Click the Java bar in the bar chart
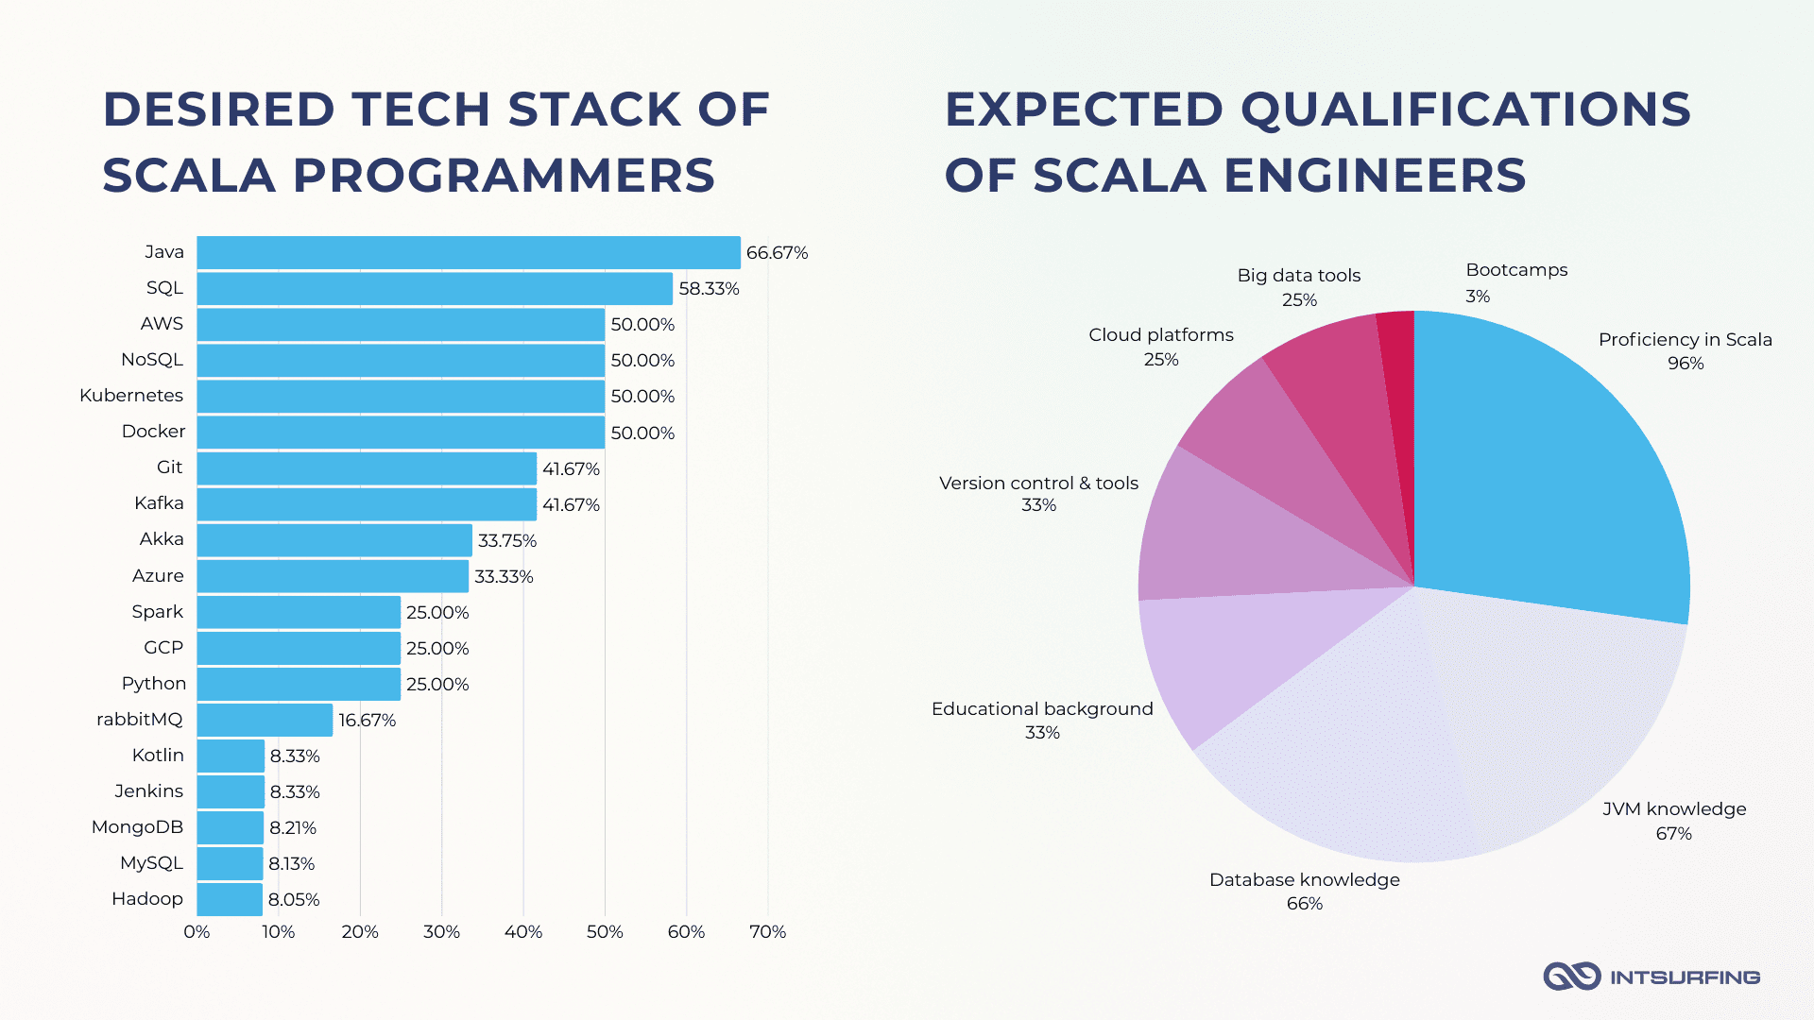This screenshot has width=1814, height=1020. [469, 252]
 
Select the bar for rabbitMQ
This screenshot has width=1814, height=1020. [265, 720]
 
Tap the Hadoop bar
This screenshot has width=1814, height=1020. [230, 899]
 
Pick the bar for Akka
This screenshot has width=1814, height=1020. [334, 540]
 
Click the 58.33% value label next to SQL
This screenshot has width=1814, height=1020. [709, 288]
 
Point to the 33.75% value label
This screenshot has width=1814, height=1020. [507, 540]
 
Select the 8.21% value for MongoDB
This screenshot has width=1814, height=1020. [293, 827]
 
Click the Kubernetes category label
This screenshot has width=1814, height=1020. [131, 395]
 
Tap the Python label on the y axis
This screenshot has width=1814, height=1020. [154, 683]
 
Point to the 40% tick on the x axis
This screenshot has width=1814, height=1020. [523, 931]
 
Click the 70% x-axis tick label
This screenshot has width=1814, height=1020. [767, 931]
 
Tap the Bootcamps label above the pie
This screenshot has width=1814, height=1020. [1516, 270]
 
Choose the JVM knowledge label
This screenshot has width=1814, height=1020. [1674, 809]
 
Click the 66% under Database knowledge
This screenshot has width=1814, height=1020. [1305, 904]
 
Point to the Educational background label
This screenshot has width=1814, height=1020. [1042, 708]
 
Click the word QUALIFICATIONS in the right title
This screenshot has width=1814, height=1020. [1465, 110]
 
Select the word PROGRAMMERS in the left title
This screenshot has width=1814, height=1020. [504, 176]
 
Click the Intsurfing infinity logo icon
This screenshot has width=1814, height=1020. [1571, 977]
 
